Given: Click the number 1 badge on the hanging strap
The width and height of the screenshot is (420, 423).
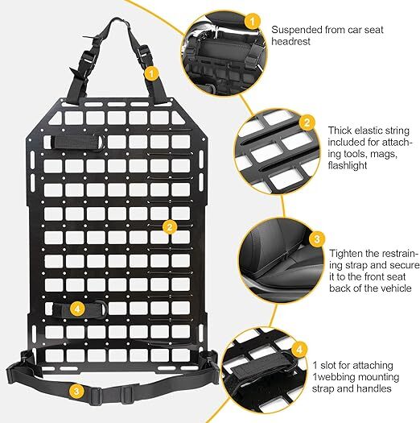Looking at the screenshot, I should [x=150, y=73].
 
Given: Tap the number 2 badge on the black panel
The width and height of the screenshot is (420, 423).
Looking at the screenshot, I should [x=169, y=226].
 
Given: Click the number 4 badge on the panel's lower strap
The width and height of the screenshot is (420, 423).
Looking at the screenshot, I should [x=76, y=308].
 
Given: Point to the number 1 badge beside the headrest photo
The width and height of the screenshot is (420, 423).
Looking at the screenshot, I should [x=252, y=21].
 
